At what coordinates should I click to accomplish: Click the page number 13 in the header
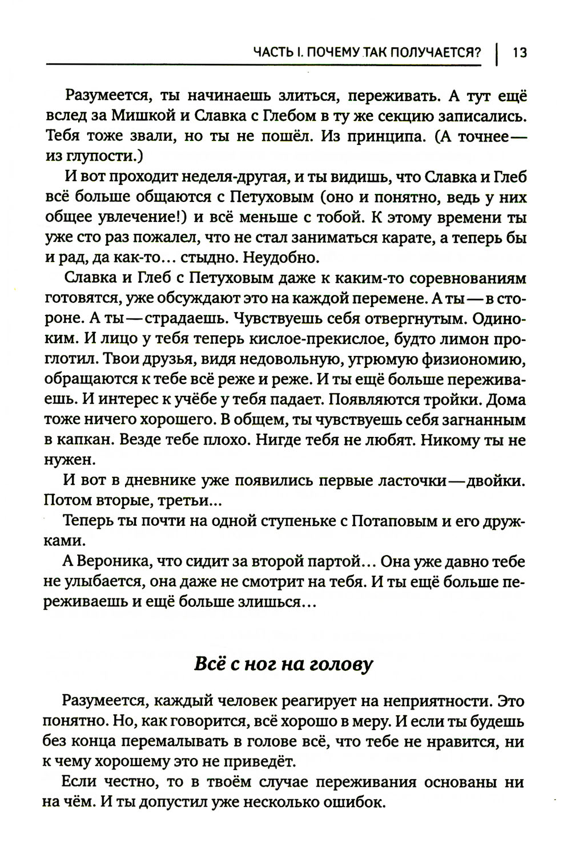coord(520,53)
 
